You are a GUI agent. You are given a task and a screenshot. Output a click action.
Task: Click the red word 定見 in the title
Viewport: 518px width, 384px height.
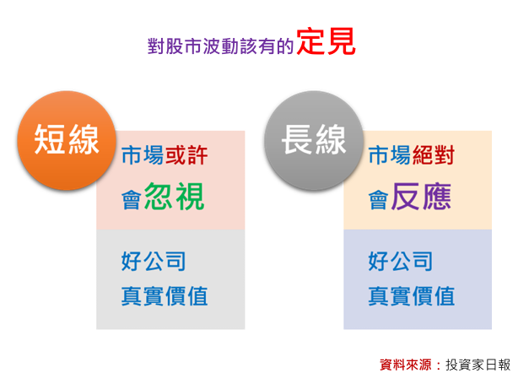326,41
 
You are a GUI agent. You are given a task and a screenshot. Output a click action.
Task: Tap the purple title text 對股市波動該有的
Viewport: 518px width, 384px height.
221,46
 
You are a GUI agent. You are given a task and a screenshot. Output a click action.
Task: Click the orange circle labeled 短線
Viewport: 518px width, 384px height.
67,140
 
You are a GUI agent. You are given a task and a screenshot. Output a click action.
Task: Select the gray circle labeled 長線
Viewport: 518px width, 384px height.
314,140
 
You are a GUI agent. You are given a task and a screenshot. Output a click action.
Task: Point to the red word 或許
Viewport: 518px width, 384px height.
186,155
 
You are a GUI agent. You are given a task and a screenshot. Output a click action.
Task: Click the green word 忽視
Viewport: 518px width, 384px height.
175,197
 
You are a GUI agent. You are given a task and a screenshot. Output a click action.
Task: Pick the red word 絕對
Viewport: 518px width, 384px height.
434,155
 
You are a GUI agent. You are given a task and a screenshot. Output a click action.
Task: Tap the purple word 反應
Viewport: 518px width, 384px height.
422,197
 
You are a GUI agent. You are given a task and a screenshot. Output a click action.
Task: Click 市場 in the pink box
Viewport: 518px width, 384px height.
143,155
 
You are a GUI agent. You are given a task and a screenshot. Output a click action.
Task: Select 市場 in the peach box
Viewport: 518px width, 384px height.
390,155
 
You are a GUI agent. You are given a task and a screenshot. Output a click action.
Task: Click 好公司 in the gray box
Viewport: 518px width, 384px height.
154,261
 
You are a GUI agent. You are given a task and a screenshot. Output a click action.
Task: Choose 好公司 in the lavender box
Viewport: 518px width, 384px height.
401,261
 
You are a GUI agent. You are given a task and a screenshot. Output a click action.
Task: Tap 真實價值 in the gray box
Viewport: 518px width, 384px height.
165,296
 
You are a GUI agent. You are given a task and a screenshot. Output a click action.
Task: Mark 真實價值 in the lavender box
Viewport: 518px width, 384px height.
412,296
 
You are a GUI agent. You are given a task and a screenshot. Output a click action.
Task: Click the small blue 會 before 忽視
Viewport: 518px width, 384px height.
132,200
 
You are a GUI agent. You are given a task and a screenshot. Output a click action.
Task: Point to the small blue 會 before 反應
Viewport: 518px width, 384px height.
379,200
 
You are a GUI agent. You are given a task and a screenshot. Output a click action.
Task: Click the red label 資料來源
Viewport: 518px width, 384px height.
406,365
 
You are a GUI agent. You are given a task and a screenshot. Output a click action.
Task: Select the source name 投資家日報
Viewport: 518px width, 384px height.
478,365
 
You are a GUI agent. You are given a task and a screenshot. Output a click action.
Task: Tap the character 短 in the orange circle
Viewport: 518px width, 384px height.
50,140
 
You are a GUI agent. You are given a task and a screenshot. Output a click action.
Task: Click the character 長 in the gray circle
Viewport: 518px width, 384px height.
297,140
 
